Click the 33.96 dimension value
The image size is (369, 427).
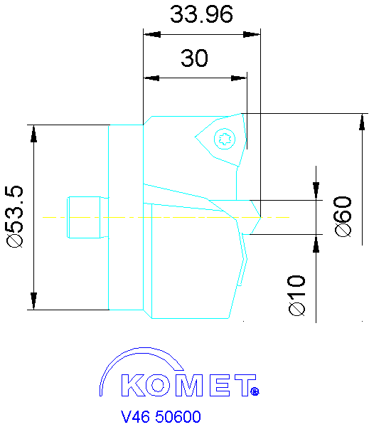(x=202, y=14)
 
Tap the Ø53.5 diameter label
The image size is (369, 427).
(x=15, y=216)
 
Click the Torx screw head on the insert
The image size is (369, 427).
(x=225, y=139)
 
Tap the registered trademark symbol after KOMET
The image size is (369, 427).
(x=255, y=391)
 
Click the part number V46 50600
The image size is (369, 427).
(x=161, y=416)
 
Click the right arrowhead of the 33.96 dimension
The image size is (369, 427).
(x=254, y=33)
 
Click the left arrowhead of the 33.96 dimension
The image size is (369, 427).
(x=149, y=33)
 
